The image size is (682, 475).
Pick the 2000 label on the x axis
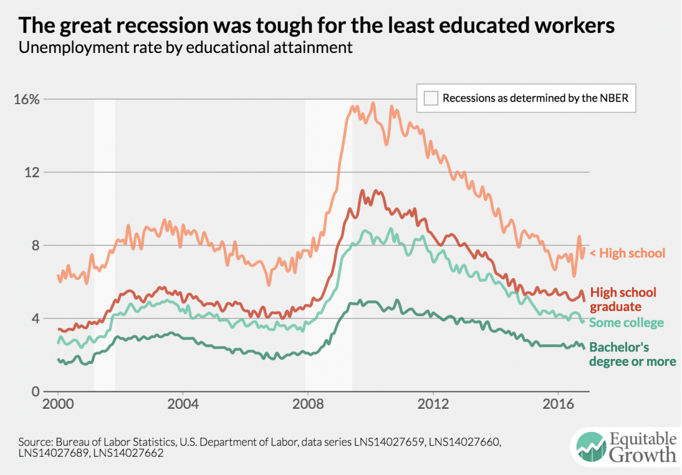pos(58,404)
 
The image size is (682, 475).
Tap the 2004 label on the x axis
pos(183,404)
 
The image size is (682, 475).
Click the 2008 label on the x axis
pos(308,404)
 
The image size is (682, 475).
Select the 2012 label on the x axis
pos(433,404)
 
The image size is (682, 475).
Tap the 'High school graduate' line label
pos(624,300)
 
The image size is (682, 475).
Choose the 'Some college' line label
pos(626,323)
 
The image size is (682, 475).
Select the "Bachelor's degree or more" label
pos(632,355)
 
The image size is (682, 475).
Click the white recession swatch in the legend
pos(431,98)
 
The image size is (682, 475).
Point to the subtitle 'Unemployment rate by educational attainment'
pos(186,48)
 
